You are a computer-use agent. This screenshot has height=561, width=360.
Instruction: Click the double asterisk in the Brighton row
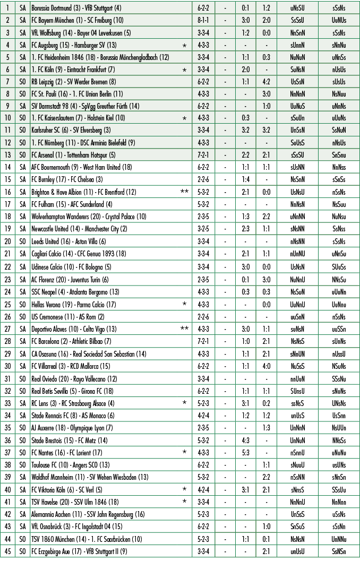click(184, 192)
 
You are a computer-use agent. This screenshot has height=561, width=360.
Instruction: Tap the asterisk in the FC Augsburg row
click(184, 46)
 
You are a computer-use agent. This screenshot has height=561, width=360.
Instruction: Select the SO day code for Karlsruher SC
click(22, 130)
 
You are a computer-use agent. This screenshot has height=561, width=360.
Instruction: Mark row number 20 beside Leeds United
click(7, 240)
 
